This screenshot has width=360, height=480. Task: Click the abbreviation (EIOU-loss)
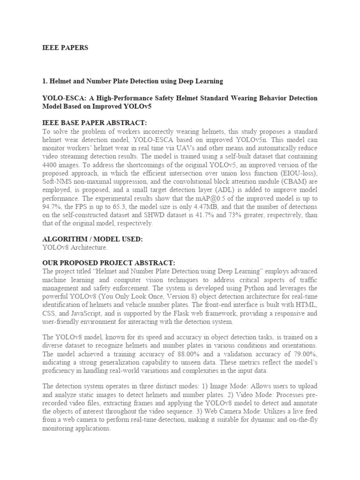(298, 173)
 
